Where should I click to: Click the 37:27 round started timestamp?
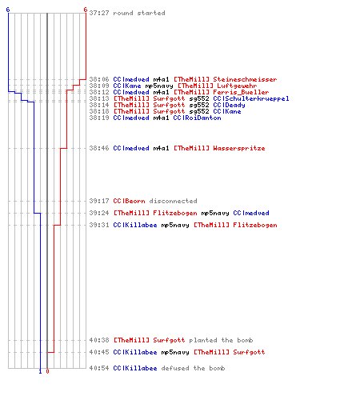[99, 13]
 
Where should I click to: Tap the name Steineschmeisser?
[245, 79]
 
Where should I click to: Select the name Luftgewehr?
[237, 86]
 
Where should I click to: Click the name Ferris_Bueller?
[241, 92]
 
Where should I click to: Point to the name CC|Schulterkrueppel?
[251, 98]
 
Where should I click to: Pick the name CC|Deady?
[229, 105]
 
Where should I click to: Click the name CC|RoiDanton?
[197, 118]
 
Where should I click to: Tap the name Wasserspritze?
[239, 148]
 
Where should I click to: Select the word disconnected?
[173, 201]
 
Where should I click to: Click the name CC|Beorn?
[129, 201]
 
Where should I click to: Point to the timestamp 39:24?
[99, 213]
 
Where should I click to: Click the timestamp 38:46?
[99, 148]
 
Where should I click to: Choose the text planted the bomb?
[221, 340]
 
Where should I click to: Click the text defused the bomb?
[193, 368]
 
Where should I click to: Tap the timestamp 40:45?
[99, 352]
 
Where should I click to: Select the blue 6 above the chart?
[8, 10]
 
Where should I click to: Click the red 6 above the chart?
[85, 10]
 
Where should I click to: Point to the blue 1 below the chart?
[40, 371]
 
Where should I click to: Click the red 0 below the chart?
[47, 371]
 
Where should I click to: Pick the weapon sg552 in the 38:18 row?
[199, 111]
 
